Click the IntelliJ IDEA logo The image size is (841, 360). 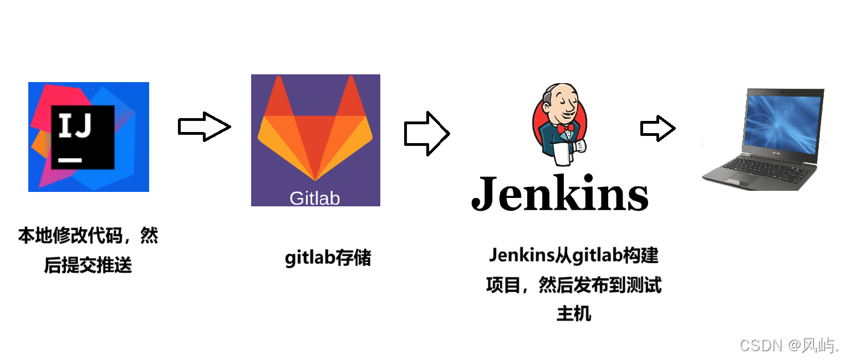(x=89, y=136)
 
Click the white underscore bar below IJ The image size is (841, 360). (x=70, y=160)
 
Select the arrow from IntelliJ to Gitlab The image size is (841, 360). (x=204, y=127)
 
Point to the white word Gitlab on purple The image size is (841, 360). (x=314, y=198)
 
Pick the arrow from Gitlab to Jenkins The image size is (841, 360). (x=426, y=133)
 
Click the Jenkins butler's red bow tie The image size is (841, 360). (x=565, y=129)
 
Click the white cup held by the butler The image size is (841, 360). (x=563, y=153)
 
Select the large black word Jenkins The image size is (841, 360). (x=559, y=192)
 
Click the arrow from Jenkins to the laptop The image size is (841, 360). (x=657, y=129)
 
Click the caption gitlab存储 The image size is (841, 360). (x=328, y=258)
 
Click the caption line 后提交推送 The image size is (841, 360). (x=88, y=266)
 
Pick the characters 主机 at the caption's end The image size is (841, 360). (x=574, y=314)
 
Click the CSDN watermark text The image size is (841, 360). (x=789, y=345)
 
